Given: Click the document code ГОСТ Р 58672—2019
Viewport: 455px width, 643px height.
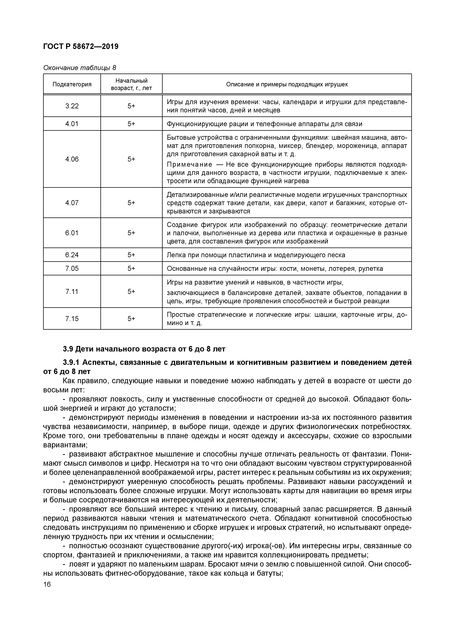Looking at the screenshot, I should (x=81, y=47).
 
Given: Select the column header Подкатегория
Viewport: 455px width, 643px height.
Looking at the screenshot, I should (x=72, y=84).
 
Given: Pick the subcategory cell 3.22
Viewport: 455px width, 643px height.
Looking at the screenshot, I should (x=72, y=106).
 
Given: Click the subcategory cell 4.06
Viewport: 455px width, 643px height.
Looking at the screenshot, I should (x=72, y=159).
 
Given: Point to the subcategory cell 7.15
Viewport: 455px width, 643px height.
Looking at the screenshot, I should (x=72, y=319).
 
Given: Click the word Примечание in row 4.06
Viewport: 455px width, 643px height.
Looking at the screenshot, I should (x=190, y=164).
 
